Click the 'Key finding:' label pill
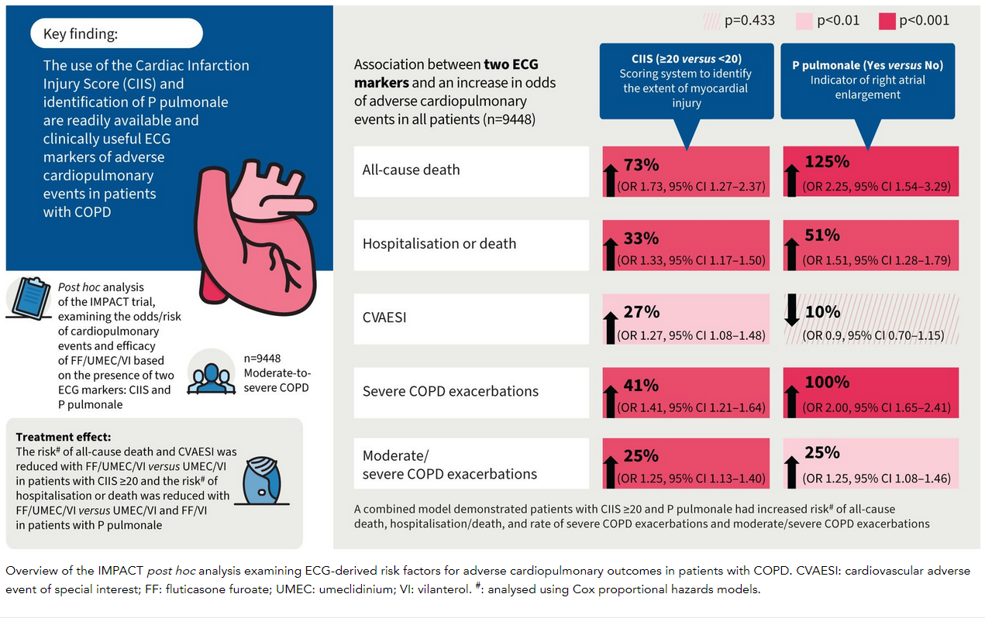tap(116, 34)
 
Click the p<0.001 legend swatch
tap(887, 21)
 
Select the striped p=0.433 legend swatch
tap(711, 21)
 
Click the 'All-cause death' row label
tap(412, 170)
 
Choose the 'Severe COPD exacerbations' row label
tap(450, 391)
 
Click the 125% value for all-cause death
tap(827, 163)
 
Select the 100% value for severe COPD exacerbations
tap(827, 383)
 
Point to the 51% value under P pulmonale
tap(821, 235)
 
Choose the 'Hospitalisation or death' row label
tap(439, 243)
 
